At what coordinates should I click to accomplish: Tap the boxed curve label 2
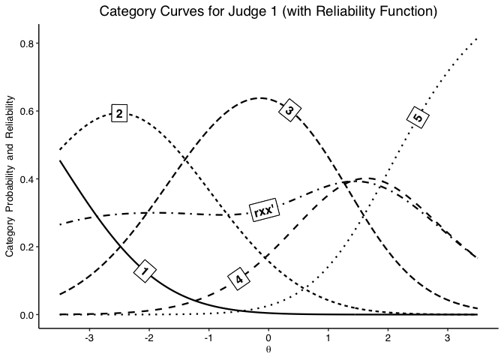[119, 113]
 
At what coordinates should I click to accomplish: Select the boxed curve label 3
[290, 110]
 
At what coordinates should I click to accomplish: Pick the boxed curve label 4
[239, 280]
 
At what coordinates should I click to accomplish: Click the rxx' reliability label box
[264, 211]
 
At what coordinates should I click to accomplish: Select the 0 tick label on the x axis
[268, 337]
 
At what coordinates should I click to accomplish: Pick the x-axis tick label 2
[388, 337]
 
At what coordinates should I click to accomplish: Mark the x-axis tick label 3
[448, 337]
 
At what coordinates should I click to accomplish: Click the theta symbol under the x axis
[268, 349]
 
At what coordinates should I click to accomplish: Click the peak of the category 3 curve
[260, 98]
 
